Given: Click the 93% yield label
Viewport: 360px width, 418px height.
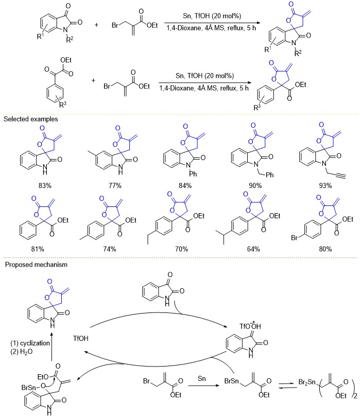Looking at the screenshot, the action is point(325,185).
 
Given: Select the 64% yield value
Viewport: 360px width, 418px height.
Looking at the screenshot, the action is point(253,249).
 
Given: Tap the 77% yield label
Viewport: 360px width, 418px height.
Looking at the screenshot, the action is point(115,185).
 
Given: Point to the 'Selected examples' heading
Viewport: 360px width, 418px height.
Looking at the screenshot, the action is point(31,119).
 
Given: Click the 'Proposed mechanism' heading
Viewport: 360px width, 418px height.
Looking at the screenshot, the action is point(36,265).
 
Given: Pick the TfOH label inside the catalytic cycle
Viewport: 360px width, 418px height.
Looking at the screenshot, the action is point(80,338).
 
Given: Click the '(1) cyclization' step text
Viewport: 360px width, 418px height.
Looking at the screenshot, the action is point(30,343).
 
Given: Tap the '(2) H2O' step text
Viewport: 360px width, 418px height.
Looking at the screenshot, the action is point(22,352).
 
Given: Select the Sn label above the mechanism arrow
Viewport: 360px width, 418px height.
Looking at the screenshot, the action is point(202,378).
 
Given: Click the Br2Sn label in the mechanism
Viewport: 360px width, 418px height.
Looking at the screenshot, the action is point(307,382).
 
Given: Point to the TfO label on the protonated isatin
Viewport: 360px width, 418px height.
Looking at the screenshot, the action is point(244,326).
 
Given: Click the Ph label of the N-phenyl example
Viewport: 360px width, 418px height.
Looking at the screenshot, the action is point(193,174).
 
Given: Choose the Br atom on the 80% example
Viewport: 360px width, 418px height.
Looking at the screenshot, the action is point(295,237).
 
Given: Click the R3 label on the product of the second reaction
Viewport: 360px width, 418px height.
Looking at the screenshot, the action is point(257,107).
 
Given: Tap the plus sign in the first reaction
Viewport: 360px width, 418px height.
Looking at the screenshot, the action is point(96,25).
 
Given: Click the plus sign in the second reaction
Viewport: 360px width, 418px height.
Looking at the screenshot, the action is point(93,80).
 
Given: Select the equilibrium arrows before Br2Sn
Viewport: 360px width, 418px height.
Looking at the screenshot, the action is point(287,385).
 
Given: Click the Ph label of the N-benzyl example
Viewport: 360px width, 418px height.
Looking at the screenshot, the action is point(269,175).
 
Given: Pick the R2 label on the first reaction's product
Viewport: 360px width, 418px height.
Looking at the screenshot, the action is point(298,53).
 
